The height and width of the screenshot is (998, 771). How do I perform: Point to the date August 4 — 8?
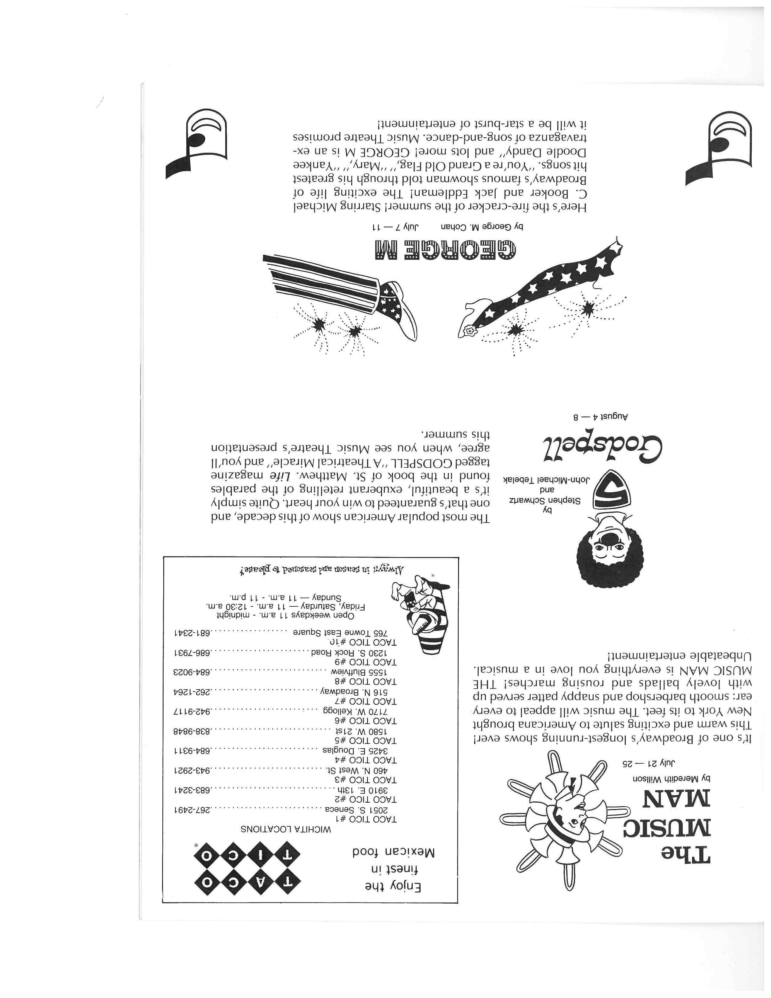601,417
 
